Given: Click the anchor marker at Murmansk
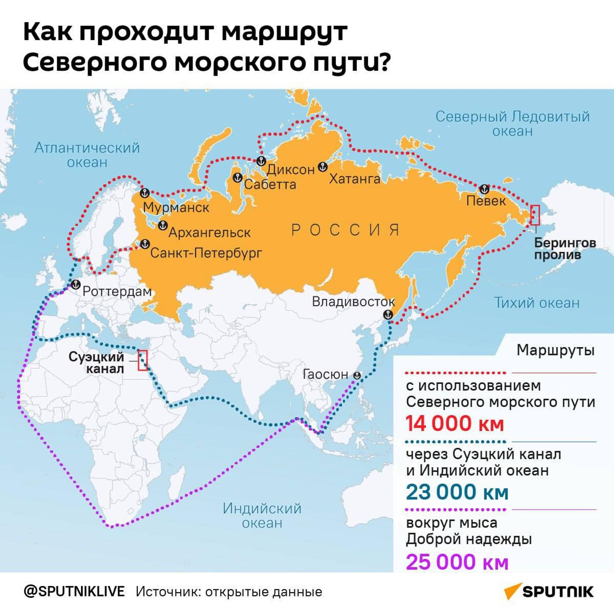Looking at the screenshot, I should [x=145, y=193].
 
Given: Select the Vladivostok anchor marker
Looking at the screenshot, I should [x=388, y=314].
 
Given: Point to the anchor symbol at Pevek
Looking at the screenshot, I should [x=484, y=189].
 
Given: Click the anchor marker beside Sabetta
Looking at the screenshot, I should [x=237, y=177].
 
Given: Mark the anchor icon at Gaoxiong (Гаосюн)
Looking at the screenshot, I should [x=357, y=376].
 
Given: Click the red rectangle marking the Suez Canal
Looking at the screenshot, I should [x=143, y=360].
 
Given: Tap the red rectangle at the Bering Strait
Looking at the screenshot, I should [x=535, y=215].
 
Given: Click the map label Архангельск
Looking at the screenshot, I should [x=209, y=232].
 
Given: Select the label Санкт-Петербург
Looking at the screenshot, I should [x=206, y=253].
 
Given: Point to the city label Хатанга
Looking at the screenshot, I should [x=355, y=179].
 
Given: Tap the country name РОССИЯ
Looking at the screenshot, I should [x=346, y=230].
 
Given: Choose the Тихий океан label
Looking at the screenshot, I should [x=537, y=303].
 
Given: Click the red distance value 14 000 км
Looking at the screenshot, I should [x=455, y=423].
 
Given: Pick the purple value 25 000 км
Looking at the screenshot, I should [x=457, y=562].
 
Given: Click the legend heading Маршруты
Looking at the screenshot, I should [x=555, y=350].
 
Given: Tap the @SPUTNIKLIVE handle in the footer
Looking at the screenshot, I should [x=74, y=592].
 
